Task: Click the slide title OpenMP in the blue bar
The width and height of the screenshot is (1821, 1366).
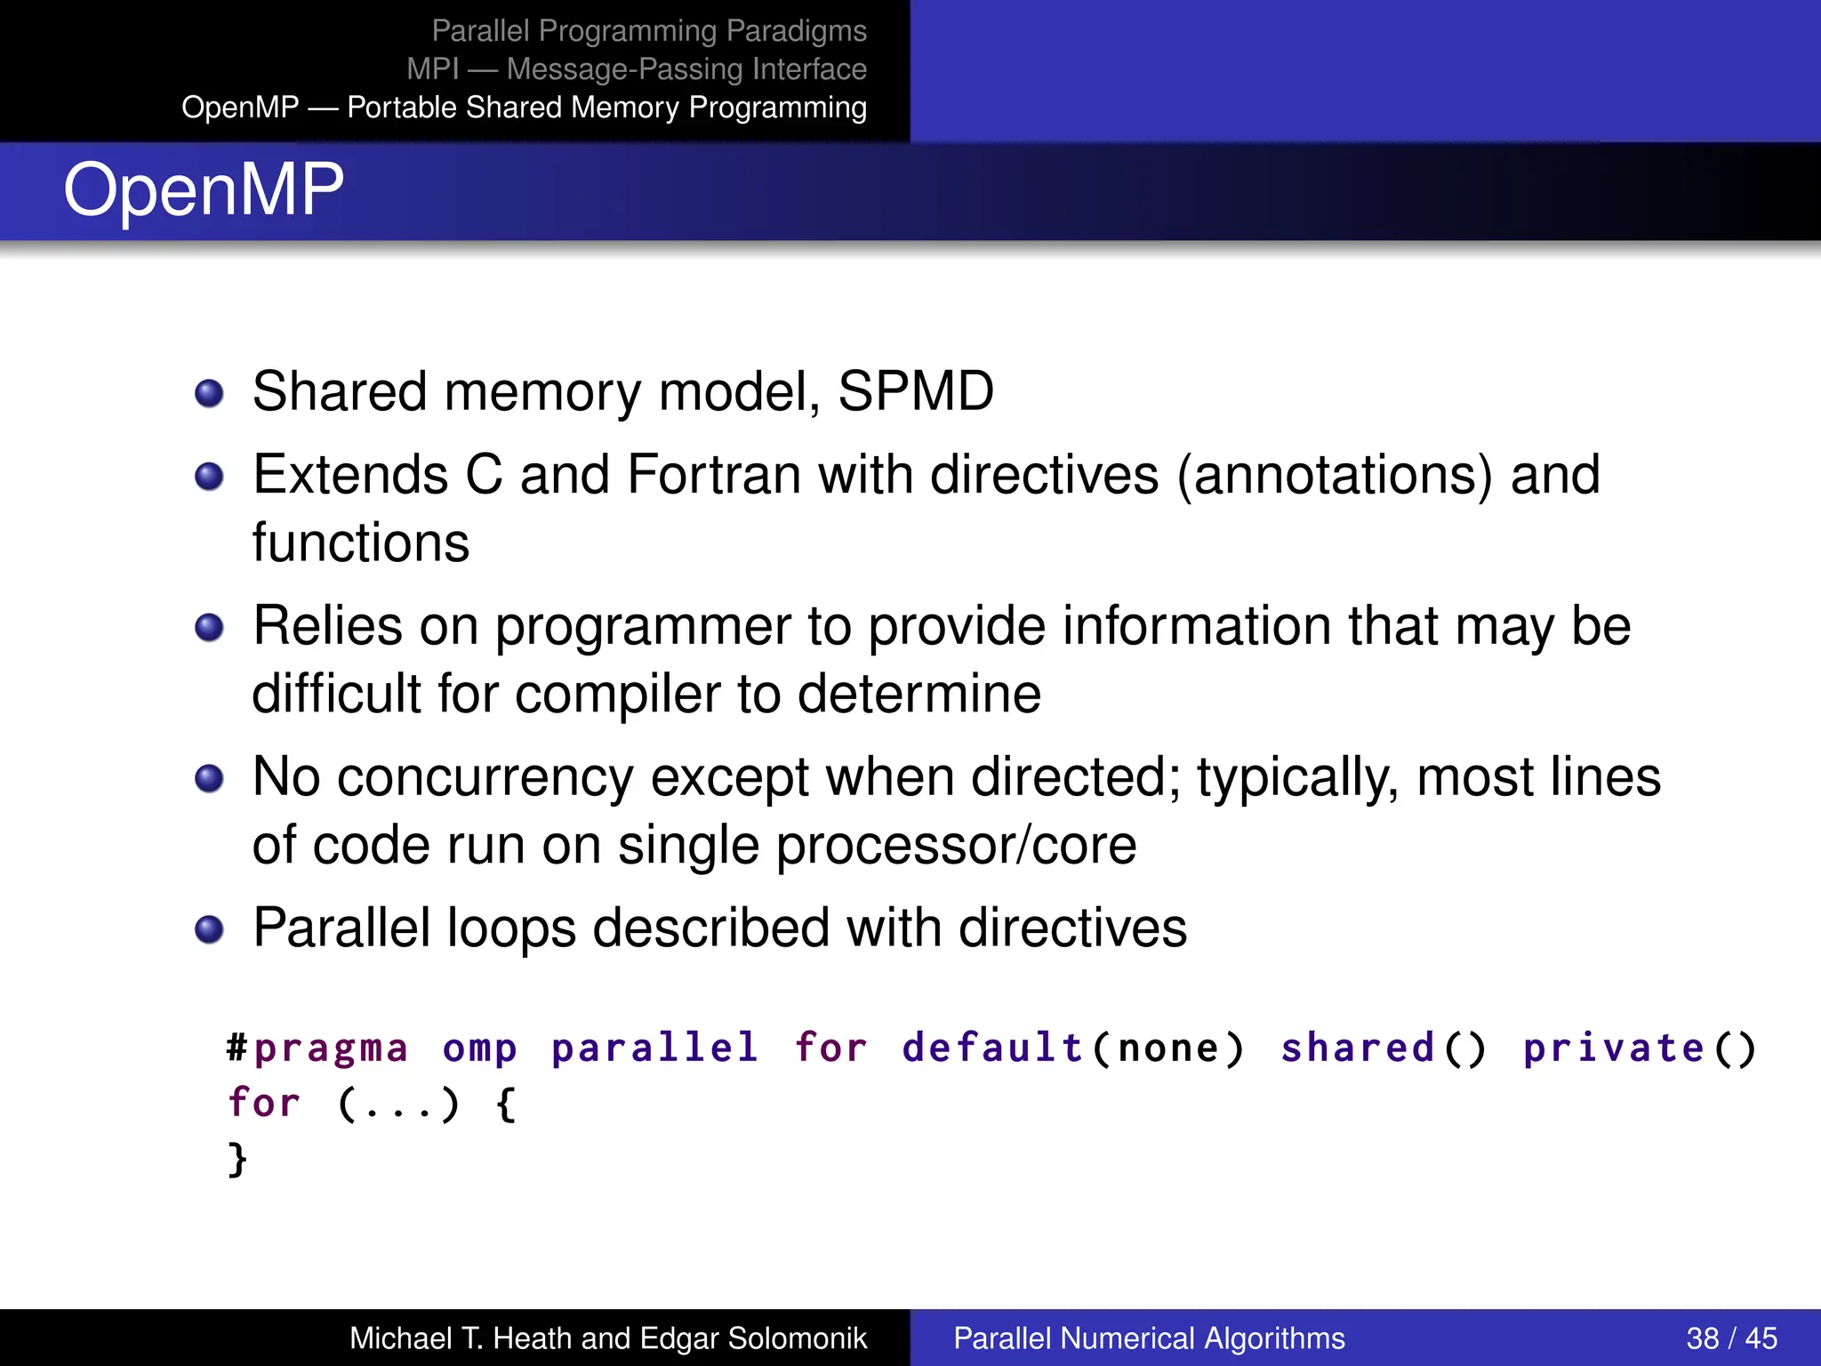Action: [x=203, y=189]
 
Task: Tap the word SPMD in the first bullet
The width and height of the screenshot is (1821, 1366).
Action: [x=915, y=391]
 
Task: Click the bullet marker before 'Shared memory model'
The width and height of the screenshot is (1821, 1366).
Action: [x=209, y=393]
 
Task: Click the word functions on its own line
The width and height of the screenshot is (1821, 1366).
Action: [x=360, y=542]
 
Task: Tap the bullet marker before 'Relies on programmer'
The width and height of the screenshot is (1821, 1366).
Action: [x=209, y=628]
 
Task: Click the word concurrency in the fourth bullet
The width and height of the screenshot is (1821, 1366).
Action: [x=485, y=777]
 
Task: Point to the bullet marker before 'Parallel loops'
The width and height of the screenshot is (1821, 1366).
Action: [x=209, y=930]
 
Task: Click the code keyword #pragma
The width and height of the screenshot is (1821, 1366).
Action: [x=317, y=1049]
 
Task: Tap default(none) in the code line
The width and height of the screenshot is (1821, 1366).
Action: [x=1072, y=1049]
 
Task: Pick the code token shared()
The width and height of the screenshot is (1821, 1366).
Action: [x=1384, y=1049]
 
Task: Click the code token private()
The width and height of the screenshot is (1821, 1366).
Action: [x=1639, y=1049]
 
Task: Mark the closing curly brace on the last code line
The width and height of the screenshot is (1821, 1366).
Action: [x=237, y=1159]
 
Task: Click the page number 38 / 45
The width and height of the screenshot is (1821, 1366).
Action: [x=1730, y=1338]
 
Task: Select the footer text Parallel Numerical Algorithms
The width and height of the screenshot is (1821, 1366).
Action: [x=1149, y=1338]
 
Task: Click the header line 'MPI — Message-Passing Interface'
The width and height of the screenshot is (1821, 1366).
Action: [x=636, y=68]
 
